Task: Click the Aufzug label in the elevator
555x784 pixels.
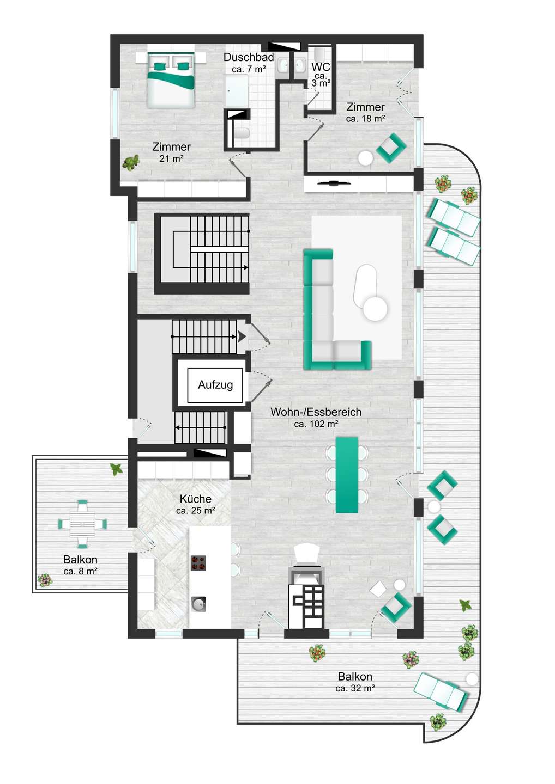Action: tap(215, 385)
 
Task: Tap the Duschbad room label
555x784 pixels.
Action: tap(249, 57)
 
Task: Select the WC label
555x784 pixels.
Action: tap(321, 66)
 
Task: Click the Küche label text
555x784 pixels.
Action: tap(196, 499)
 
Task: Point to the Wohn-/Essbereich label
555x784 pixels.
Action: tap(316, 412)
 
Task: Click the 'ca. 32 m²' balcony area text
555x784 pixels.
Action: tap(355, 688)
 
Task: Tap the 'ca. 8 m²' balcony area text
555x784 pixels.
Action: tap(80, 572)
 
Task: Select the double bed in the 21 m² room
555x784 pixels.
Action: tap(170, 80)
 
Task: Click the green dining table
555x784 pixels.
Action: tap(347, 475)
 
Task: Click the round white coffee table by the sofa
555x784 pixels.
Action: tap(375, 308)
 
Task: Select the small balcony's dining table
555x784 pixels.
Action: tap(82, 524)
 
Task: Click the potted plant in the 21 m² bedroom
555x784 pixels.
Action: tap(131, 163)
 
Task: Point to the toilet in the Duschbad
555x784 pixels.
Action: tap(240, 133)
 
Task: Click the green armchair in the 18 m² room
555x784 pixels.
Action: tap(391, 148)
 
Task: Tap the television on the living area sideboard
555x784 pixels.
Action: tap(333, 182)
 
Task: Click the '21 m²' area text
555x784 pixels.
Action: tap(172, 158)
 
